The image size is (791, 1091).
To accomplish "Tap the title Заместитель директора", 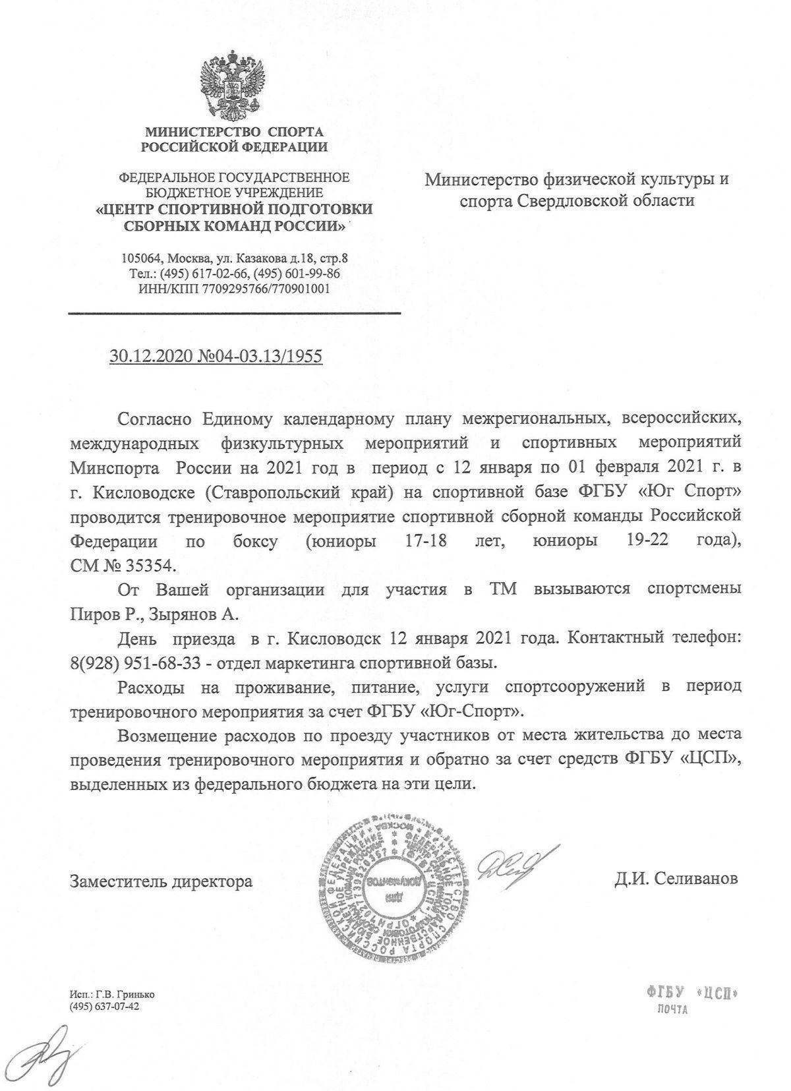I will tap(161, 881).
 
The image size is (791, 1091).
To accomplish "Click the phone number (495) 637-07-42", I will tap(105, 1006).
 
